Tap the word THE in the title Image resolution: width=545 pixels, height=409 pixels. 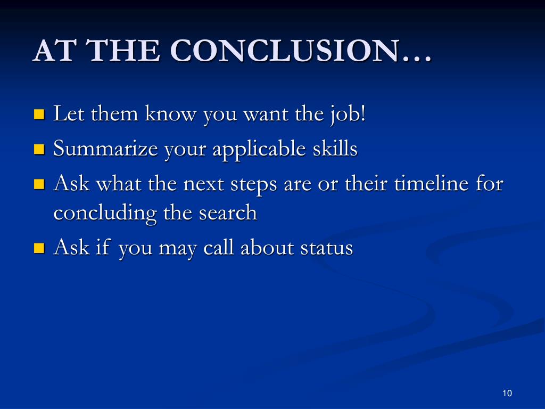(x=123, y=51)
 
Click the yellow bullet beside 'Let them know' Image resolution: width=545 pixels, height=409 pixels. (x=39, y=114)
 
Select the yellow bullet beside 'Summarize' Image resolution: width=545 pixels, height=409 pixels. (x=39, y=149)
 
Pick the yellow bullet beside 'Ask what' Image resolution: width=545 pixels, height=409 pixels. (x=39, y=184)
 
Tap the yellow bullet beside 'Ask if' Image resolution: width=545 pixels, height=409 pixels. (x=39, y=248)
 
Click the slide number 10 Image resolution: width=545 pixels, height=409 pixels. (x=507, y=393)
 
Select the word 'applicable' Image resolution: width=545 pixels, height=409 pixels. (x=259, y=149)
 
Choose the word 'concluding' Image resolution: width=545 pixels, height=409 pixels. (x=105, y=213)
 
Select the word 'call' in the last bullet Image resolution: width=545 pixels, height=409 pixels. (x=218, y=247)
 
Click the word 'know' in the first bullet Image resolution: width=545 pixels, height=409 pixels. (x=170, y=113)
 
